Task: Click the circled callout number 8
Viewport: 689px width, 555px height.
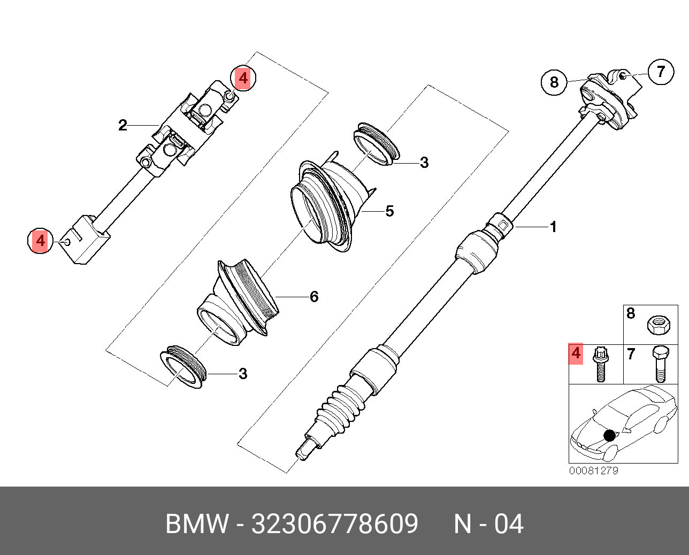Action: click(x=554, y=82)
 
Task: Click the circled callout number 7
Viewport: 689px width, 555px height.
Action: click(x=661, y=71)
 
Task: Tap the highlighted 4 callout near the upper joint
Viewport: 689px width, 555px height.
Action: click(x=243, y=79)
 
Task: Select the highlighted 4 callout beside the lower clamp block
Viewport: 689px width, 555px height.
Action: click(x=41, y=241)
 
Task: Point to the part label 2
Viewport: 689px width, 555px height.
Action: click(x=123, y=126)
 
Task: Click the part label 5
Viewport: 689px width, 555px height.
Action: click(x=389, y=211)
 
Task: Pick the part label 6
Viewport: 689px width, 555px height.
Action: click(x=314, y=296)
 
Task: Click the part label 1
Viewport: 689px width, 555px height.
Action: click(x=554, y=227)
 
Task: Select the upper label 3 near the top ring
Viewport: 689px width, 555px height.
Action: click(x=424, y=163)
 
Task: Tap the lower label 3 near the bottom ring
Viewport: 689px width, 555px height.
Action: click(x=243, y=374)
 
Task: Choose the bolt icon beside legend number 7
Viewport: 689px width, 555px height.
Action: click(x=660, y=364)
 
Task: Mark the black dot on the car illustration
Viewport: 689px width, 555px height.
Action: click(x=609, y=435)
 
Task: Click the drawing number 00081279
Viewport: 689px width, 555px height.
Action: click(x=593, y=471)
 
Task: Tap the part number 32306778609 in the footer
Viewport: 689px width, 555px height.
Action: click(x=334, y=524)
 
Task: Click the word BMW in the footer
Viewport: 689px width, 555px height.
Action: click(x=196, y=524)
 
